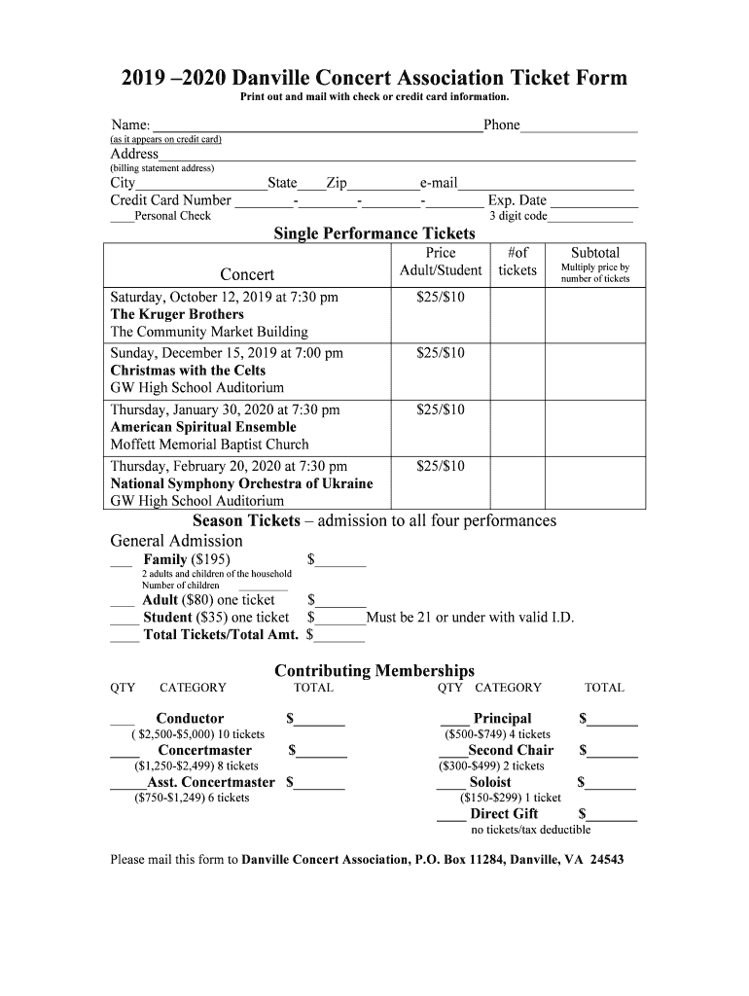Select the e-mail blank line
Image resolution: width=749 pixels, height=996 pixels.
coord(546,184)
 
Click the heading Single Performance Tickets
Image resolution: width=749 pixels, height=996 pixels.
coord(374,233)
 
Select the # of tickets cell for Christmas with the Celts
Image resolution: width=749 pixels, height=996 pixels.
coord(517,372)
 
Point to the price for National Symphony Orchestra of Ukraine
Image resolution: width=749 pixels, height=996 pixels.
coord(441,467)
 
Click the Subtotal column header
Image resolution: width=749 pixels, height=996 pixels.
coord(595,253)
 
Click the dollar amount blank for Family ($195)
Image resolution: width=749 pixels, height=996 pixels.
coord(340,561)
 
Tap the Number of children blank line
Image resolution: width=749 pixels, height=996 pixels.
coord(256,587)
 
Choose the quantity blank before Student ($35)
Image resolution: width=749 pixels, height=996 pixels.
coord(125,620)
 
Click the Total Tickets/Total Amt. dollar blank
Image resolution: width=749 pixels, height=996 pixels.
coord(340,638)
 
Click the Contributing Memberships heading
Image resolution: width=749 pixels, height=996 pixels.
coord(374,671)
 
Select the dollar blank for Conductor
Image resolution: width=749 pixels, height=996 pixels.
coord(321,722)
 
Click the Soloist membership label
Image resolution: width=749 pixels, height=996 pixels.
coord(490,782)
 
